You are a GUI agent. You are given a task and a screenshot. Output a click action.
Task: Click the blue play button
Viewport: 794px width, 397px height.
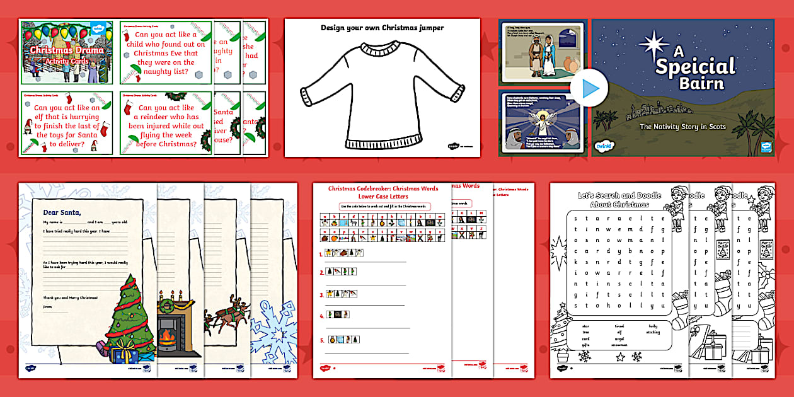coord(590,89)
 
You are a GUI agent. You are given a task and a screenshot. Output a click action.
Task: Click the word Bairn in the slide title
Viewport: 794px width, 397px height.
coord(692,83)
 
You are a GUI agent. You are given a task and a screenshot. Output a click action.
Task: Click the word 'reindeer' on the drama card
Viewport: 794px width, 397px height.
coord(171,117)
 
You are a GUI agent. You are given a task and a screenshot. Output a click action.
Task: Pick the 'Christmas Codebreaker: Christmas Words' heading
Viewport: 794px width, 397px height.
coord(376,188)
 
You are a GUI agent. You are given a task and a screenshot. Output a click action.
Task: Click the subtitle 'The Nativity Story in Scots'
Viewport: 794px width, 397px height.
coord(682,127)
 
